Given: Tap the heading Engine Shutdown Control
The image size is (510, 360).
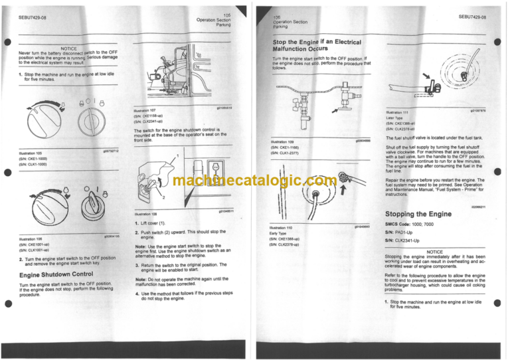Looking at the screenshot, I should point(57,274).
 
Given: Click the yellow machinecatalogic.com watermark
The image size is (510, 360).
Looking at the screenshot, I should point(255,181).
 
